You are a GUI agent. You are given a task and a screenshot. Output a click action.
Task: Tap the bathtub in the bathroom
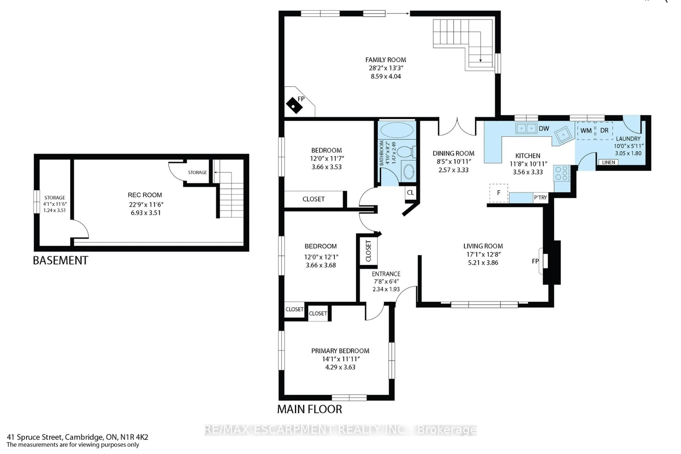click(397, 130)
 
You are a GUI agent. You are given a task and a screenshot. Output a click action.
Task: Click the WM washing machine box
click(586, 131)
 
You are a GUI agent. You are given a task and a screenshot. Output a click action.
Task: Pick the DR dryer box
click(604, 131)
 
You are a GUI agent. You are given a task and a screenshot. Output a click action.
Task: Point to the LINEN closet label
click(608, 162)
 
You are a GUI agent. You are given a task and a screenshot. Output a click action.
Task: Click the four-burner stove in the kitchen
click(561, 173)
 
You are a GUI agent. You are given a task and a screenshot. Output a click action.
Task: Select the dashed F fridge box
click(499, 193)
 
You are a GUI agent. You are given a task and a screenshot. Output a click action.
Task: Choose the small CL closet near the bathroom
click(410, 193)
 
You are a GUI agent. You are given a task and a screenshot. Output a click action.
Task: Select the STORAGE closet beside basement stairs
click(197, 172)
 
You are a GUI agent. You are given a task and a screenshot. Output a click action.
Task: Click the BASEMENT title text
click(60, 261)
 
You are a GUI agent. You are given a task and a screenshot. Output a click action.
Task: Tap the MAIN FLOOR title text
click(309, 409)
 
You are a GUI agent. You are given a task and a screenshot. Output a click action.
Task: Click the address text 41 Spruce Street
click(35, 437)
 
